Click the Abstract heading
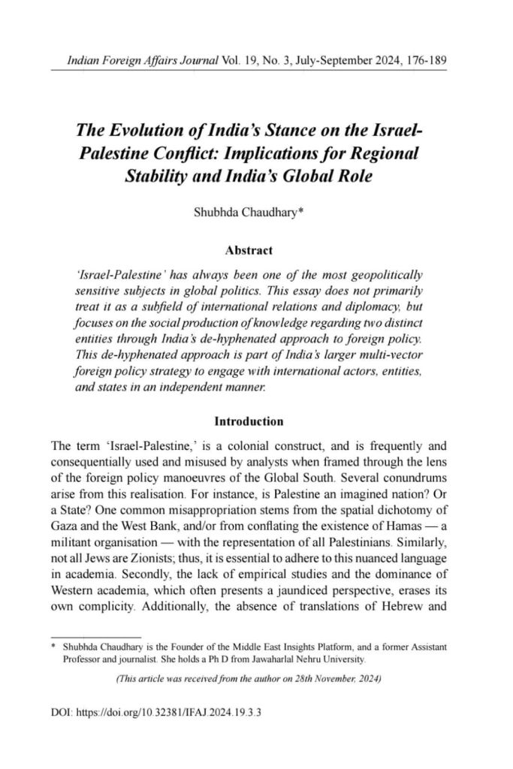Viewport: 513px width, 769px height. (249, 249)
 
